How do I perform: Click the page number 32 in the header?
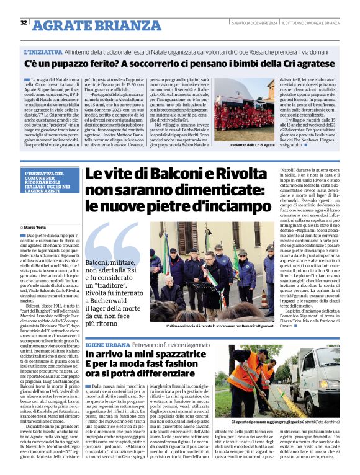23,23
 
